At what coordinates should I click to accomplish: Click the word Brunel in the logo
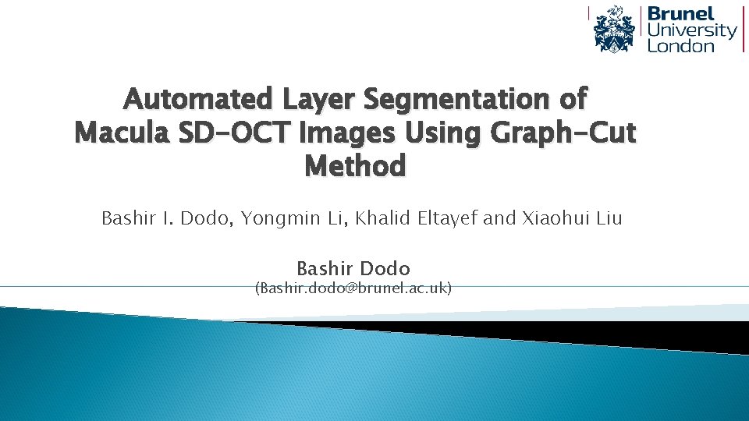pyautogui.click(x=681, y=14)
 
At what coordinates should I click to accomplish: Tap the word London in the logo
pyautogui.click(x=681, y=45)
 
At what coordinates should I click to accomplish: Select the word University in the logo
pyautogui.click(x=692, y=30)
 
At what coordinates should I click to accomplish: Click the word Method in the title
pyautogui.click(x=355, y=166)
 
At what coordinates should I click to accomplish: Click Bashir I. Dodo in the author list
pyautogui.click(x=165, y=218)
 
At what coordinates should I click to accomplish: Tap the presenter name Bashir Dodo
pyautogui.click(x=353, y=269)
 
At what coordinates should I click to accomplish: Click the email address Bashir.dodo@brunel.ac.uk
pyautogui.click(x=353, y=288)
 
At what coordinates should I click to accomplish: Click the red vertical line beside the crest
pyautogui.click(x=589, y=29)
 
